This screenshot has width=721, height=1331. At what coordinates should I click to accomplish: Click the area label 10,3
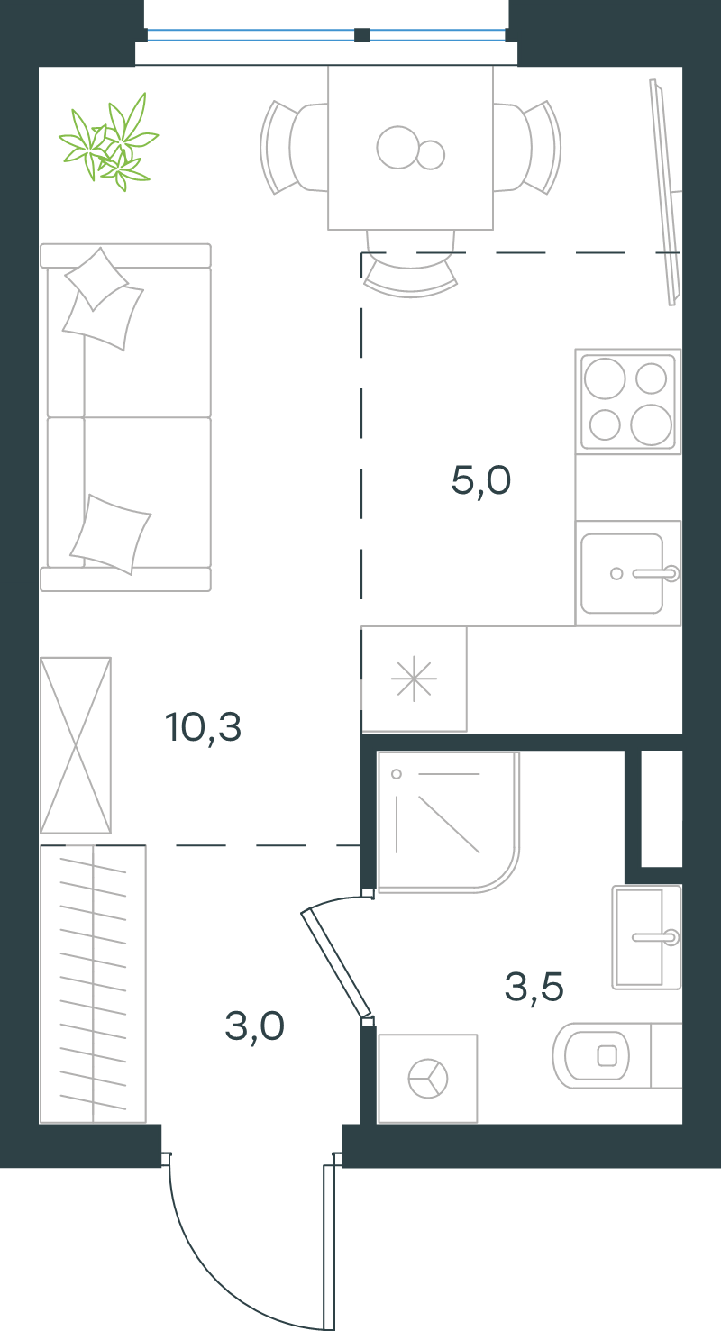tap(204, 727)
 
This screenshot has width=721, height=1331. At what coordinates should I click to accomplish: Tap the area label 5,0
tap(481, 480)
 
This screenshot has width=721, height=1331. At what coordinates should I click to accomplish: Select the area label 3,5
tap(534, 986)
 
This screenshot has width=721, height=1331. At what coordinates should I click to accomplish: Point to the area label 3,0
tap(254, 1026)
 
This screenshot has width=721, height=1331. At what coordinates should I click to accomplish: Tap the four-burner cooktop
tap(627, 402)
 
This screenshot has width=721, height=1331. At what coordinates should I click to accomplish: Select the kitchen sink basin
tap(627, 573)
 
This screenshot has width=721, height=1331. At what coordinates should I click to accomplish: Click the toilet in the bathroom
tap(617, 1055)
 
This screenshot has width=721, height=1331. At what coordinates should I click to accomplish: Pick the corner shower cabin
tap(449, 822)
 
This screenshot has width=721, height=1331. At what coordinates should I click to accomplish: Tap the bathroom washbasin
tap(646, 937)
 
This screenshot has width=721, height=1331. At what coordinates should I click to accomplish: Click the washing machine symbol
tap(427, 1079)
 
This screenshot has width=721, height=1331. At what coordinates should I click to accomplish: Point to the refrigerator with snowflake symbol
tap(414, 679)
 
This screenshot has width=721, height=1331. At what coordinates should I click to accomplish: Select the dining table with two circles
tap(411, 148)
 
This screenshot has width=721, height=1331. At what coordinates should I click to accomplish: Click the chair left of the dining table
tap(294, 147)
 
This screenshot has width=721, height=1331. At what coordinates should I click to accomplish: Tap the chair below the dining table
tap(411, 264)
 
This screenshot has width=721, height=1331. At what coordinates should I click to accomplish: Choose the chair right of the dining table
tap(527, 147)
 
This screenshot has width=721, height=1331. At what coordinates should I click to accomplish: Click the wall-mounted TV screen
tap(666, 193)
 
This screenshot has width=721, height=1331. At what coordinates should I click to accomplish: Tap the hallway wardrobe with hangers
tap(93, 984)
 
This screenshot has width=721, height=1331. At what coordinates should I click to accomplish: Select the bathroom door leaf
tap(336, 963)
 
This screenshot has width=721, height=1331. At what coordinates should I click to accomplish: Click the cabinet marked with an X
tap(76, 745)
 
